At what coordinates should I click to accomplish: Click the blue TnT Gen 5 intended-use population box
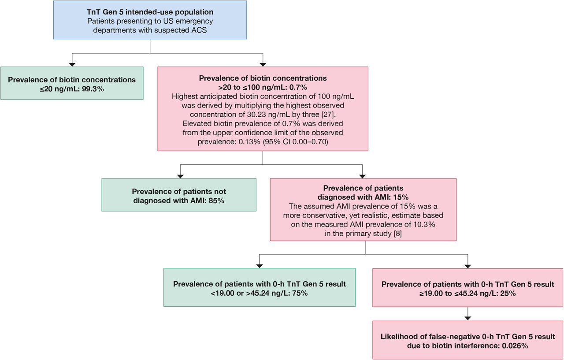pyautogui.click(x=150, y=20)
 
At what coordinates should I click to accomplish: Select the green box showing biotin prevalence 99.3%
pyautogui.click(x=72, y=83)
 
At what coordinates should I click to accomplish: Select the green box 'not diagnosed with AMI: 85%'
pyautogui.click(x=179, y=195)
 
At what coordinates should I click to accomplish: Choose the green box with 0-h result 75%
pyautogui.click(x=259, y=287)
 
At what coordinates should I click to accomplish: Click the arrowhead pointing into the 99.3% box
pyautogui.click(x=72, y=64)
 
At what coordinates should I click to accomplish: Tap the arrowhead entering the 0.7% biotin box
pyautogui.click(x=263, y=64)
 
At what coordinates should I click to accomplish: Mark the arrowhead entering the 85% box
pyautogui.click(x=179, y=176)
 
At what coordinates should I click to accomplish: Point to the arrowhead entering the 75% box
pyautogui.click(x=259, y=266)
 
